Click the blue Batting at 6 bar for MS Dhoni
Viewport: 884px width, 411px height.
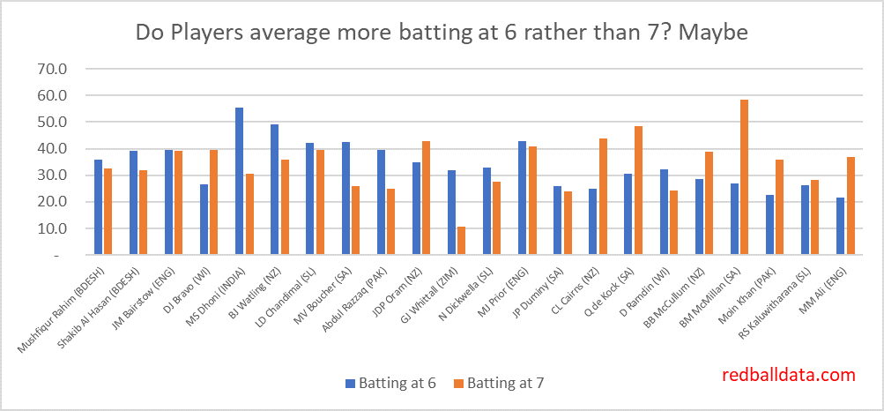point(239,181)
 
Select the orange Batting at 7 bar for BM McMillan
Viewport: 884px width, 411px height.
point(744,177)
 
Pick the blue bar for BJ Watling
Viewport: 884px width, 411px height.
point(274,189)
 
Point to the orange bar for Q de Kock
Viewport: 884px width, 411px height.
point(638,191)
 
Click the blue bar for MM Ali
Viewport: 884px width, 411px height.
point(840,226)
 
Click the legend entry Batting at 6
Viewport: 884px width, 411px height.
point(393,382)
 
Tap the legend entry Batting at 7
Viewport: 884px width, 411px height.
point(503,382)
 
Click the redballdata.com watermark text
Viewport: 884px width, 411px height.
point(788,375)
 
